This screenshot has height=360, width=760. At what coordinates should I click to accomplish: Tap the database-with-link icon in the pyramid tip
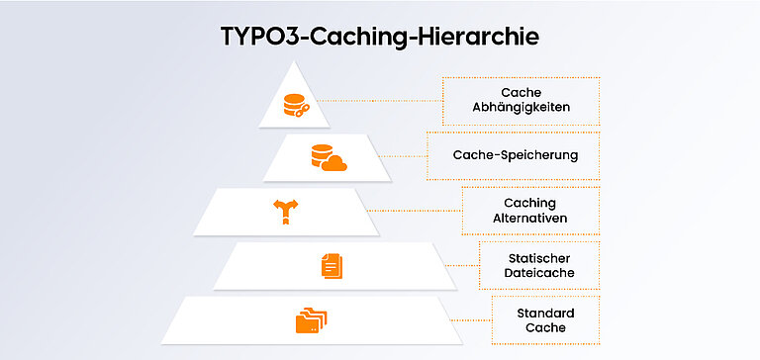point(295,105)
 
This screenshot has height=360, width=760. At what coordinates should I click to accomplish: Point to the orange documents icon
point(330,265)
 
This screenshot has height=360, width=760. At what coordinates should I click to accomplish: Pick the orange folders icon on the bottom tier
point(312,320)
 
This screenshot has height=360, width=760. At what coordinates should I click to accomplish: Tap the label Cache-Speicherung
point(515,155)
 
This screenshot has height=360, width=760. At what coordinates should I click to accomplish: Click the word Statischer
point(543,258)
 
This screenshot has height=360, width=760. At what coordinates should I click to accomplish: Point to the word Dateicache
point(543,272)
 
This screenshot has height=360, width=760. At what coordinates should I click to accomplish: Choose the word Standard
point(545,314)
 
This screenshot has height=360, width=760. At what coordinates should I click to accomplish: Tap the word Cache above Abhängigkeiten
point(521,93)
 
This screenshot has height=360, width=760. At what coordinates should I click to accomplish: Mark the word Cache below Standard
point(545,327)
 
